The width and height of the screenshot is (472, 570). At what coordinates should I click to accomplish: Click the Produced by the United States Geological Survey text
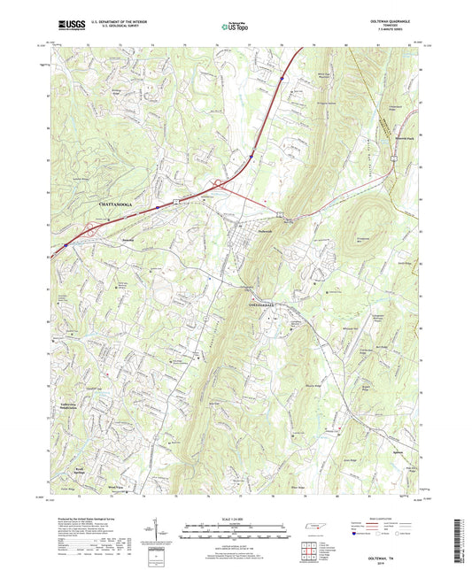[x=80, y=519]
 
